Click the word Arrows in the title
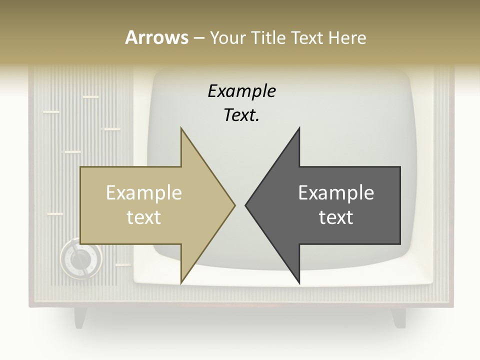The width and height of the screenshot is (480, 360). [x=156, y=37]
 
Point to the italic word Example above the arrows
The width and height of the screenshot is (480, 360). [x=241, y=91]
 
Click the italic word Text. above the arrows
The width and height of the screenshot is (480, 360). [x=241, y=115]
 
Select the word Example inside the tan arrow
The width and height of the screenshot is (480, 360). [x=144, y=193]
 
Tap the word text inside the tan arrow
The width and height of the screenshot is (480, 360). [x=144, y=217]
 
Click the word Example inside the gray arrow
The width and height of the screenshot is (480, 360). [x=336, y=193]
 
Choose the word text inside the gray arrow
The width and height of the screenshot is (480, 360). [x=336, y=217]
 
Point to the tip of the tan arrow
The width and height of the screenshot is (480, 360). [x=234, y=205]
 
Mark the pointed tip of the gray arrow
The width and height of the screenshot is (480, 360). [x=246, y=205]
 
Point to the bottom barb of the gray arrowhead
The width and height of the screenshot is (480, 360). [x=298, y=282]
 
